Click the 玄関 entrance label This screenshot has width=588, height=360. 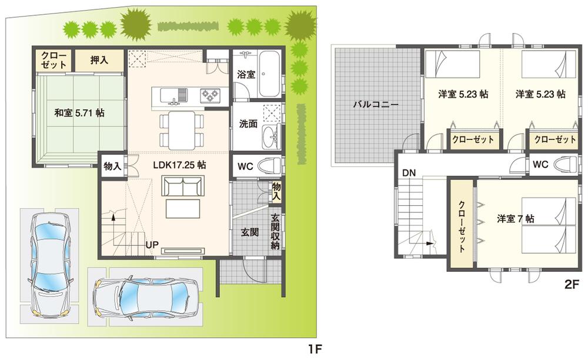[250, 232]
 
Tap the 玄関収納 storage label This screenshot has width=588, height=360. [275, 232]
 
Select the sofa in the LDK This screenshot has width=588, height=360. [182, 188]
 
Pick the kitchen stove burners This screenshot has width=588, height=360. [210, 94]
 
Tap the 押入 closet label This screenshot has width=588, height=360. [99, 59]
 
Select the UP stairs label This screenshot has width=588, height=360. [153, 243]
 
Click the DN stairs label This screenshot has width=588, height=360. [410, 172]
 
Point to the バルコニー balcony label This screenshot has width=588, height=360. [376, 105]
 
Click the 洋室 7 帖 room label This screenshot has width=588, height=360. [515, 218]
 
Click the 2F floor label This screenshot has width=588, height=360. [572, 284]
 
